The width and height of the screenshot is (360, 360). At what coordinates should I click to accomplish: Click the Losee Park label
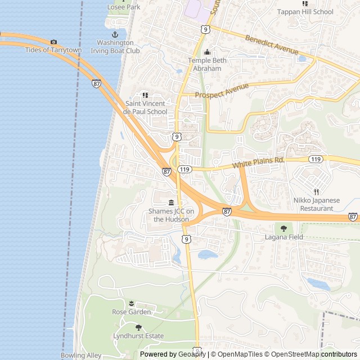(x=124, y=7)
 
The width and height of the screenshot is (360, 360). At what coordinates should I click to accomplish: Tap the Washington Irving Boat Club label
(x=118, y=46)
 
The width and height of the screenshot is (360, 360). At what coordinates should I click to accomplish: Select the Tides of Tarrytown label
(x=53, y=50)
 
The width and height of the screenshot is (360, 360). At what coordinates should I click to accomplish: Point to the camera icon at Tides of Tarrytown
(x=53, y=42)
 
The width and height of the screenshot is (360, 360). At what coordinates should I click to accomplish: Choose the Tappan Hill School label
(x=305, y=11)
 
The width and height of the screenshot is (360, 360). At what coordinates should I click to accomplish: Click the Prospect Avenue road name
(x=222, y=91)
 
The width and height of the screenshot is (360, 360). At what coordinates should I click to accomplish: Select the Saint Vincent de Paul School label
(x=145, y=107)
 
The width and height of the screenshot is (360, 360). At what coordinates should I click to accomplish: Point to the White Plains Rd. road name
(x=259, y=164)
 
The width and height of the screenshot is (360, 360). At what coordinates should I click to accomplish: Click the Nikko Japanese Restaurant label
(x=316, y=204)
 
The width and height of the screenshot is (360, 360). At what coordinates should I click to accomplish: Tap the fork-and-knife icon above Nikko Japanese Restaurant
(x=316, y=192)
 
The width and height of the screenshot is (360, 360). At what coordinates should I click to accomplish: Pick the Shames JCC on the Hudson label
(x=171, y=215)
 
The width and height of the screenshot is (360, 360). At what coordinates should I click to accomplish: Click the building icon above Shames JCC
(x=171, y=202)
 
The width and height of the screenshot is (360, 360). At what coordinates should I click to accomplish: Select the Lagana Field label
(x=284, y=237)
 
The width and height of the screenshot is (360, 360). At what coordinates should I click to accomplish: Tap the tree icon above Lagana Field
(x=283, y=228)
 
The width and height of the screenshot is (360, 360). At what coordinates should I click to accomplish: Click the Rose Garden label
(x=131, y=312)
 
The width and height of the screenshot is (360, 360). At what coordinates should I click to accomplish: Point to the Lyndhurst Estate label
(x=138, y=336)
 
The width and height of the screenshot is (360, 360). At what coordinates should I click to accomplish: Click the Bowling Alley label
(x=82, y=355)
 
